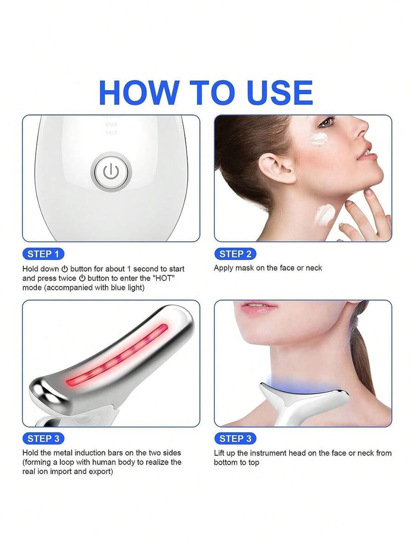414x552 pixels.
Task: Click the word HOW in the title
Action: pos(139,93)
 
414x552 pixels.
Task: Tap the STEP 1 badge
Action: pos(43,254)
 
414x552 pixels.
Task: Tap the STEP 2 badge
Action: pos(236,254)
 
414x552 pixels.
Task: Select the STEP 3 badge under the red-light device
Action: pos(43,439)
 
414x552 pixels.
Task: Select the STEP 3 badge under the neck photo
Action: pos(236,439)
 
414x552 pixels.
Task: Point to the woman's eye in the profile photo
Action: pos(325,123)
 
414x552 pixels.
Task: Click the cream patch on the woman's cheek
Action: pos(319,139)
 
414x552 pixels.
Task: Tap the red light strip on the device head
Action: pos(116,355)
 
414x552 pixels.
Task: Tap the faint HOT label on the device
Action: pos(111,133)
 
